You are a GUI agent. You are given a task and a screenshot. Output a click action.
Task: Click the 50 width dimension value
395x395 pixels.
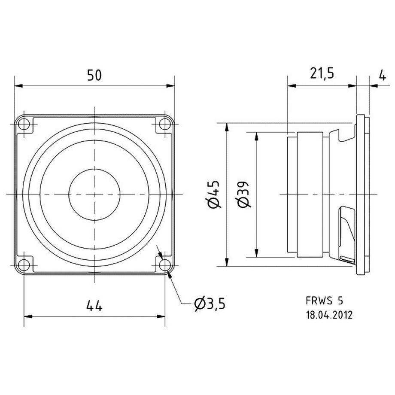tap(94, 76)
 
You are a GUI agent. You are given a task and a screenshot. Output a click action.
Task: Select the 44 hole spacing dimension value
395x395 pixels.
tap(94, 306)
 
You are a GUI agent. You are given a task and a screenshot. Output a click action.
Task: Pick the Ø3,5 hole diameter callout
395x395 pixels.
tap(209, 304)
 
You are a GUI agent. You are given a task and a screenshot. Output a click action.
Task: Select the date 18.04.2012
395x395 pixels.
tap(329, 315)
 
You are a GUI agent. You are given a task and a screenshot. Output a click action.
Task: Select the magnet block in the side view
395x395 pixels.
tap(308, 194)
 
